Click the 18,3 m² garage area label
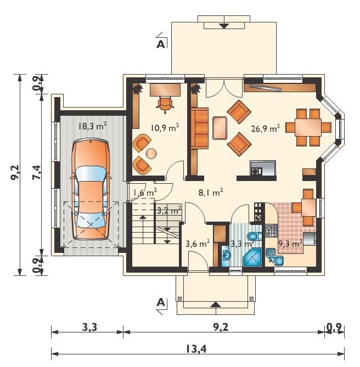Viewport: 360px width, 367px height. click(92, 126)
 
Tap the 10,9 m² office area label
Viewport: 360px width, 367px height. click(165, 128)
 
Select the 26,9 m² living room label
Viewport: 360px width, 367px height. click(265, 128)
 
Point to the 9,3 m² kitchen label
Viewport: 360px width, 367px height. click(290, 244)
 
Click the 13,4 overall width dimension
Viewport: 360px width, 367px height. click(196, 349)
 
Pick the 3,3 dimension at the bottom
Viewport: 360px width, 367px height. click(89, 327)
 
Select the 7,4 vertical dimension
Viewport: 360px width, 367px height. click(37, 172)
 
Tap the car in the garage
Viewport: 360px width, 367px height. click(91, 189)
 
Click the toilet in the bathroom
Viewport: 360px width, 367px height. click(255, 236)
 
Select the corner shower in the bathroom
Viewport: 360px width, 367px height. click(252, 257)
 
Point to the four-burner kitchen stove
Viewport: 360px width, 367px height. click(271, 230)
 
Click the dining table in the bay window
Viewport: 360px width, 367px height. click(308, 128)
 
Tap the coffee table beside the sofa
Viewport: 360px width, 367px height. click(220, 128)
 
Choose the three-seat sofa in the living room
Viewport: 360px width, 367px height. click(199, 128)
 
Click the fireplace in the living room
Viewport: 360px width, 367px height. click(263, 168)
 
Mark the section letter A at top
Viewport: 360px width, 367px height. click(161, 44)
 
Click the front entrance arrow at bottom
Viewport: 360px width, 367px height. click(216, 304)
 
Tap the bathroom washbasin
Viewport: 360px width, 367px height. click(226, 255)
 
